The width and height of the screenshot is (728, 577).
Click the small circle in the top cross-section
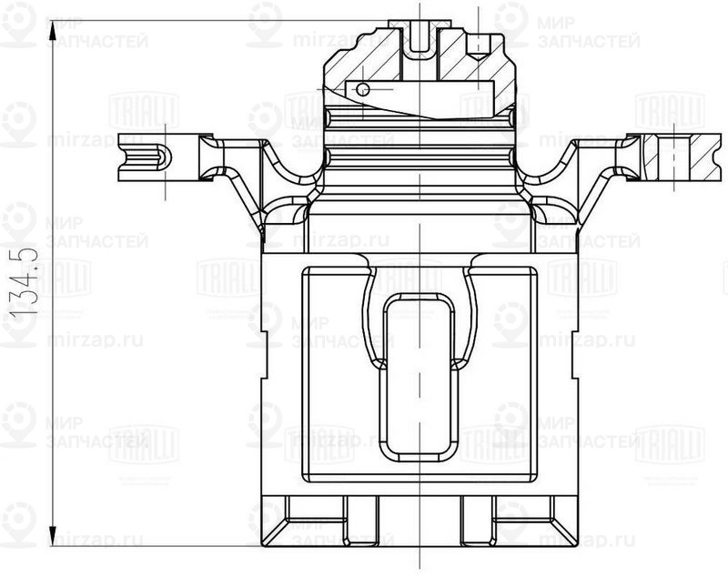pyautogui.click(x=362, y=89)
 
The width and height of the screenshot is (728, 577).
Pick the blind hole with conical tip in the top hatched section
pyautogui.click(x=475, y=50)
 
